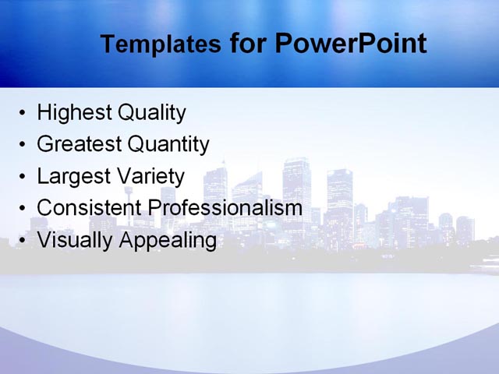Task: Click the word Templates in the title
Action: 160,44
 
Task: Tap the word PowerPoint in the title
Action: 351,43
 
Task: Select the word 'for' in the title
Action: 248,44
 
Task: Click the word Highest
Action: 74,113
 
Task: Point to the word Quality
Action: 151,114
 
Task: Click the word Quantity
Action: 168,145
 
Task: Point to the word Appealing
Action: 167,241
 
